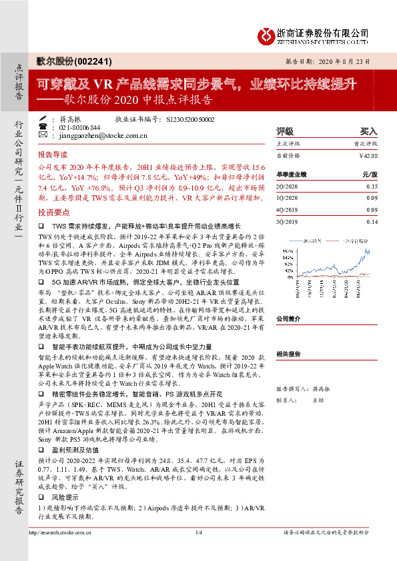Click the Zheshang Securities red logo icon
(x=267, y=33)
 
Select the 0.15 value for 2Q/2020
(x=372, y=187)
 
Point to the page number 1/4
(x=198, y=551)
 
